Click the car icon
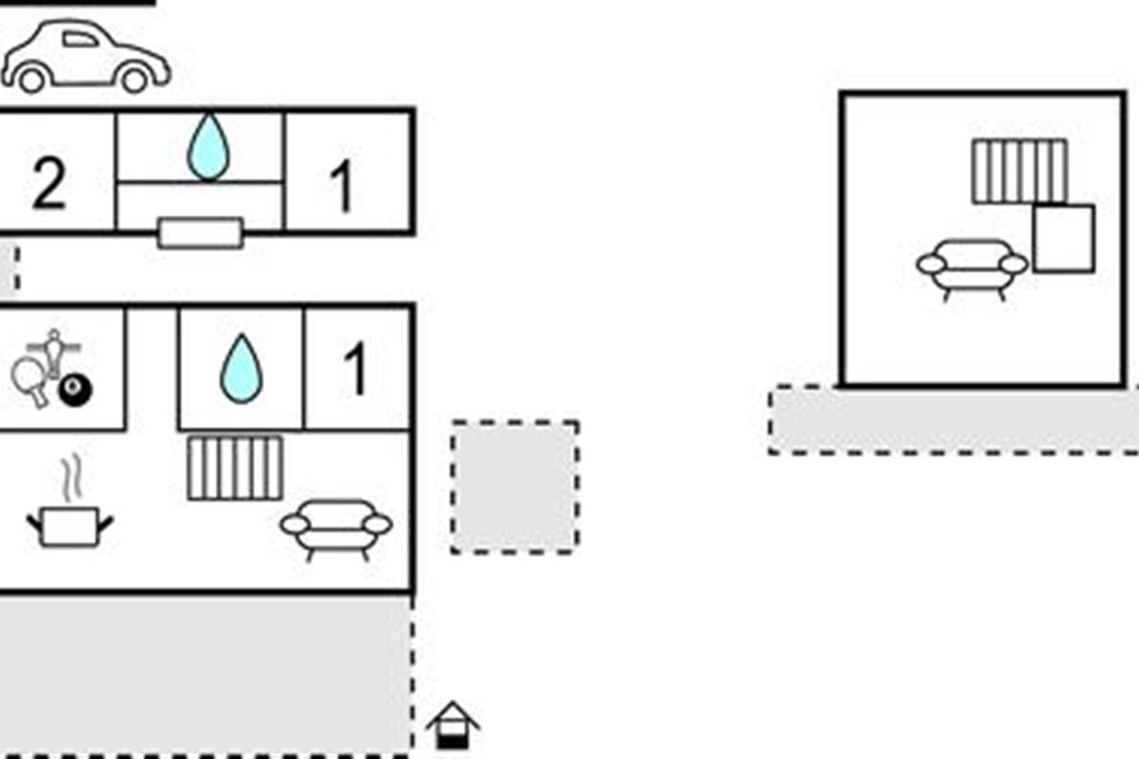click(x=85, y=59)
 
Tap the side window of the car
click(x=80, y=39)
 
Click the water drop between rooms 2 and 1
click(x=208, y=147)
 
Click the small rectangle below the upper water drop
click(x=200, y=232)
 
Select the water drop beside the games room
click(x=241, y=368)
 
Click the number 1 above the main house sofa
click(x=355, y=369)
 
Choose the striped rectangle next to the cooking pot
click(x=235, y=468)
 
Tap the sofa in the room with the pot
click(x=336, y=527)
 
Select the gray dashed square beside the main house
click(x=514, y=487)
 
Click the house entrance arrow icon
click(x=453, y=726)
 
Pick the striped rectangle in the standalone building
click(x=1018, y=171)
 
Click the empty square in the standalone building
click(x=1063, y=238)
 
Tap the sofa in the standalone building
click(x=972, y=267)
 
